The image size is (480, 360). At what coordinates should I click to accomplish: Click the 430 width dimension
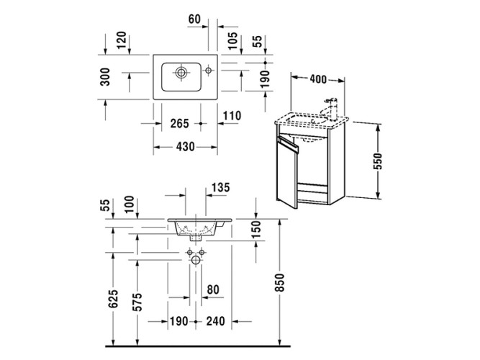click(x=185, y=146)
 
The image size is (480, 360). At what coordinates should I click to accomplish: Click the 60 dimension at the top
click(x=194, y=19)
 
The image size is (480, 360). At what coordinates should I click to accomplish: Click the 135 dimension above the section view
click(x=219, y=189)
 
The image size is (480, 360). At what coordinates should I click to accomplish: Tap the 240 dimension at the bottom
click(x=213, y=321)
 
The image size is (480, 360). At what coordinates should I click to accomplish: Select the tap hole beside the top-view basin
click(x=208, y=71)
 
